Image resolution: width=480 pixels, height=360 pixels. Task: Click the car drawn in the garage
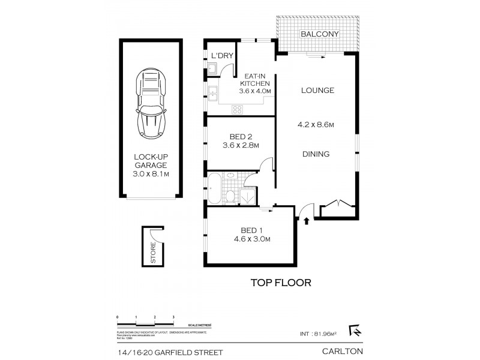pos(151,103)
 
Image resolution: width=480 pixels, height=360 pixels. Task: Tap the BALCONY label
pos(318,34)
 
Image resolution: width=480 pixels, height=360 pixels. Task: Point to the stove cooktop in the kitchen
pos(237,109)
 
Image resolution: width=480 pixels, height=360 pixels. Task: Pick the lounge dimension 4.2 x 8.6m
pos(316,125)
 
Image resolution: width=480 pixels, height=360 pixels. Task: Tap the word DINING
pos(316,154)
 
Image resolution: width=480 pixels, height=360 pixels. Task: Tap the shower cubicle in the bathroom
pos(247,194)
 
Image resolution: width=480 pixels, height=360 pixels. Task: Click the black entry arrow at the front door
pos(307,221)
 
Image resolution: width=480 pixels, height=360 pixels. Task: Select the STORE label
pos(153,253)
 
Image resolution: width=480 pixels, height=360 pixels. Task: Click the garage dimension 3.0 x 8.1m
pos(151,174)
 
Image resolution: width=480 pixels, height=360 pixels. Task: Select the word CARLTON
pos(342,352)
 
